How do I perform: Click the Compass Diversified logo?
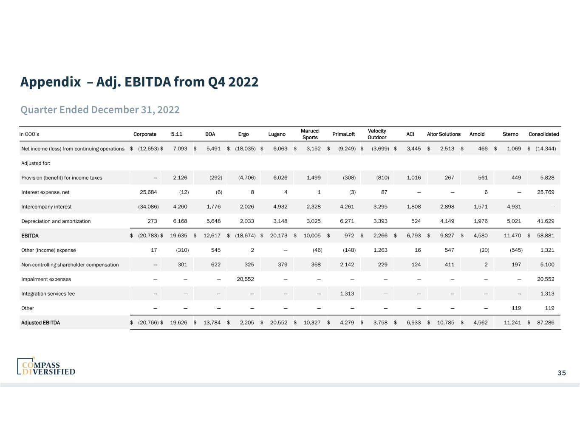tap(46, 366)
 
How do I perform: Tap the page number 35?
tap(562, 373)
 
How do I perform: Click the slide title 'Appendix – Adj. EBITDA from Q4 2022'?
tap(139, 82)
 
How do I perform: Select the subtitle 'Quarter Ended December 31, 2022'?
tap(100, 110)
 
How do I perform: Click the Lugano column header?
tap(277, 134)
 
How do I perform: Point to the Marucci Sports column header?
tap(310, 134)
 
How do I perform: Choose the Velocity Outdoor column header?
tap(377, 134)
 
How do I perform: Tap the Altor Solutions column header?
tap(444, 134)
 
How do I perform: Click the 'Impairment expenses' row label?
tap(46, 279)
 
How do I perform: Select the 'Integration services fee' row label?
tap(48, 293)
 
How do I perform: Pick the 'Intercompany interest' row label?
tap(46, 207)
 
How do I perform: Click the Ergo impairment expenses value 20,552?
tap(246, 279)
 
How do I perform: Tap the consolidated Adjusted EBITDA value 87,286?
tap(546, 323)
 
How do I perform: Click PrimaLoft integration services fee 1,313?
tap(348, 293)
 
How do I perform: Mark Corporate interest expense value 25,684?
tap(148, 192)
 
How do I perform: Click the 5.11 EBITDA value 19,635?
tap(178, 236)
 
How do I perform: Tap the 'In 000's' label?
tap(29, 134)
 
